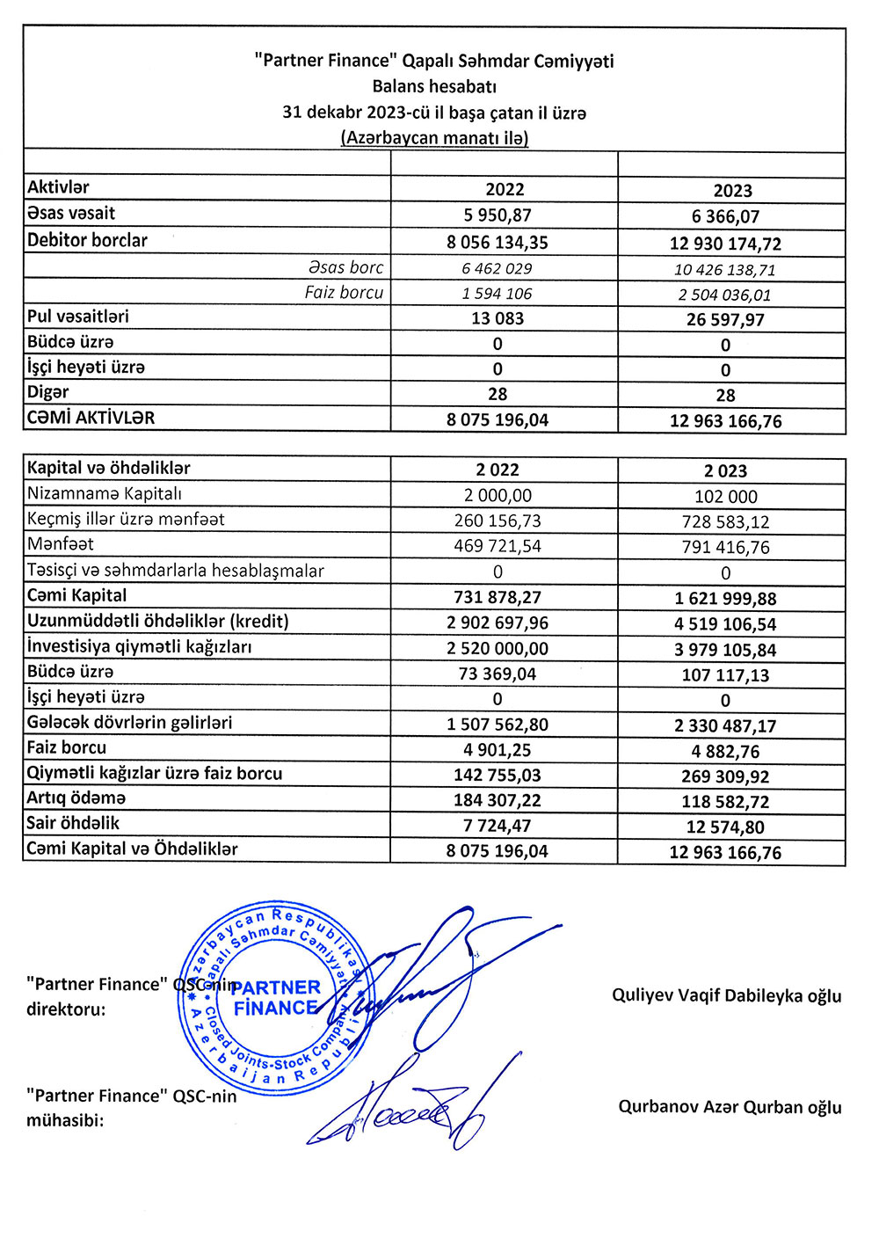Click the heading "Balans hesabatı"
point(434,86)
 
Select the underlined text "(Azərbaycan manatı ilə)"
point(434,138)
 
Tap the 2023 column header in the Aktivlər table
point(732,191)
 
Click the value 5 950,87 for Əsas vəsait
point(498,215)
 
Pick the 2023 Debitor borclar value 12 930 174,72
point(725,244)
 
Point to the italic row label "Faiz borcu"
point(344,292)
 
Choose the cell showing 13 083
point(498,318)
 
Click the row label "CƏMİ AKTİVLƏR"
point(91,418)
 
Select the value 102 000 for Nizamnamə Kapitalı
point(725,496)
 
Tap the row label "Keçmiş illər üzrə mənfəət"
point(126,519)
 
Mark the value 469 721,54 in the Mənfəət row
point(498,546)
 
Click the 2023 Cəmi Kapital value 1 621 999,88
point(725,599)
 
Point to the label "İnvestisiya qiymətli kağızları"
point(139,646)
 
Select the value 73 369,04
point(498,674)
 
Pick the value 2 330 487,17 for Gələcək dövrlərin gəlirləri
point(725,725)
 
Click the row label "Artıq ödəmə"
point(76,798)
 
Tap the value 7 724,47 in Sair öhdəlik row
point(498,826)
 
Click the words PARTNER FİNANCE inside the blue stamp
point(276,997)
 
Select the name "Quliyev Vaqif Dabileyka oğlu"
point(726,995)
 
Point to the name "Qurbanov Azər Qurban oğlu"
point(730,1106)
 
